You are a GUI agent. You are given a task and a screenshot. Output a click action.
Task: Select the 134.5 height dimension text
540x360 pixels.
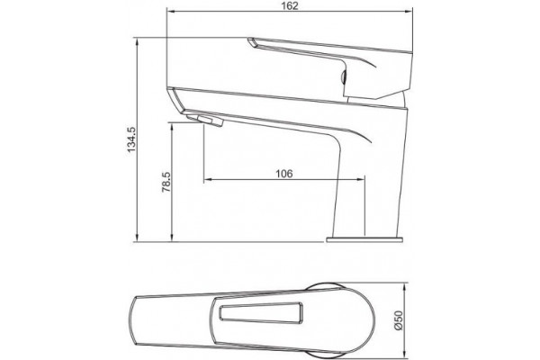(131, 139)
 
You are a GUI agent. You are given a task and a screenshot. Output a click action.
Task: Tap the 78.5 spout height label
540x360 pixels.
(166, 182)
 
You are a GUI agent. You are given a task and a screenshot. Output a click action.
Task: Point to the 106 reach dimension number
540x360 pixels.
(284, 174)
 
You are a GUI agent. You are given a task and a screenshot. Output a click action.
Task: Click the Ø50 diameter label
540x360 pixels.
(398, 320)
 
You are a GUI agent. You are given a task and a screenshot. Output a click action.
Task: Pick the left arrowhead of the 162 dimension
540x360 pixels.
(169, 12)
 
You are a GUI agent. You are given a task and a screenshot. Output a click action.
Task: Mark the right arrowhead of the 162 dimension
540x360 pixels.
(409, 12)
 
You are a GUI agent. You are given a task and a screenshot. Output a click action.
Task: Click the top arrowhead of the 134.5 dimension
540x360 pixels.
(137, 40)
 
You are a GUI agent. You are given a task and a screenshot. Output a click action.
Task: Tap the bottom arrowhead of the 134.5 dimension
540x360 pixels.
(137, 238)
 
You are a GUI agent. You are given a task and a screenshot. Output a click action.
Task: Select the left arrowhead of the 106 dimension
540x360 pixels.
(207, 179)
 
